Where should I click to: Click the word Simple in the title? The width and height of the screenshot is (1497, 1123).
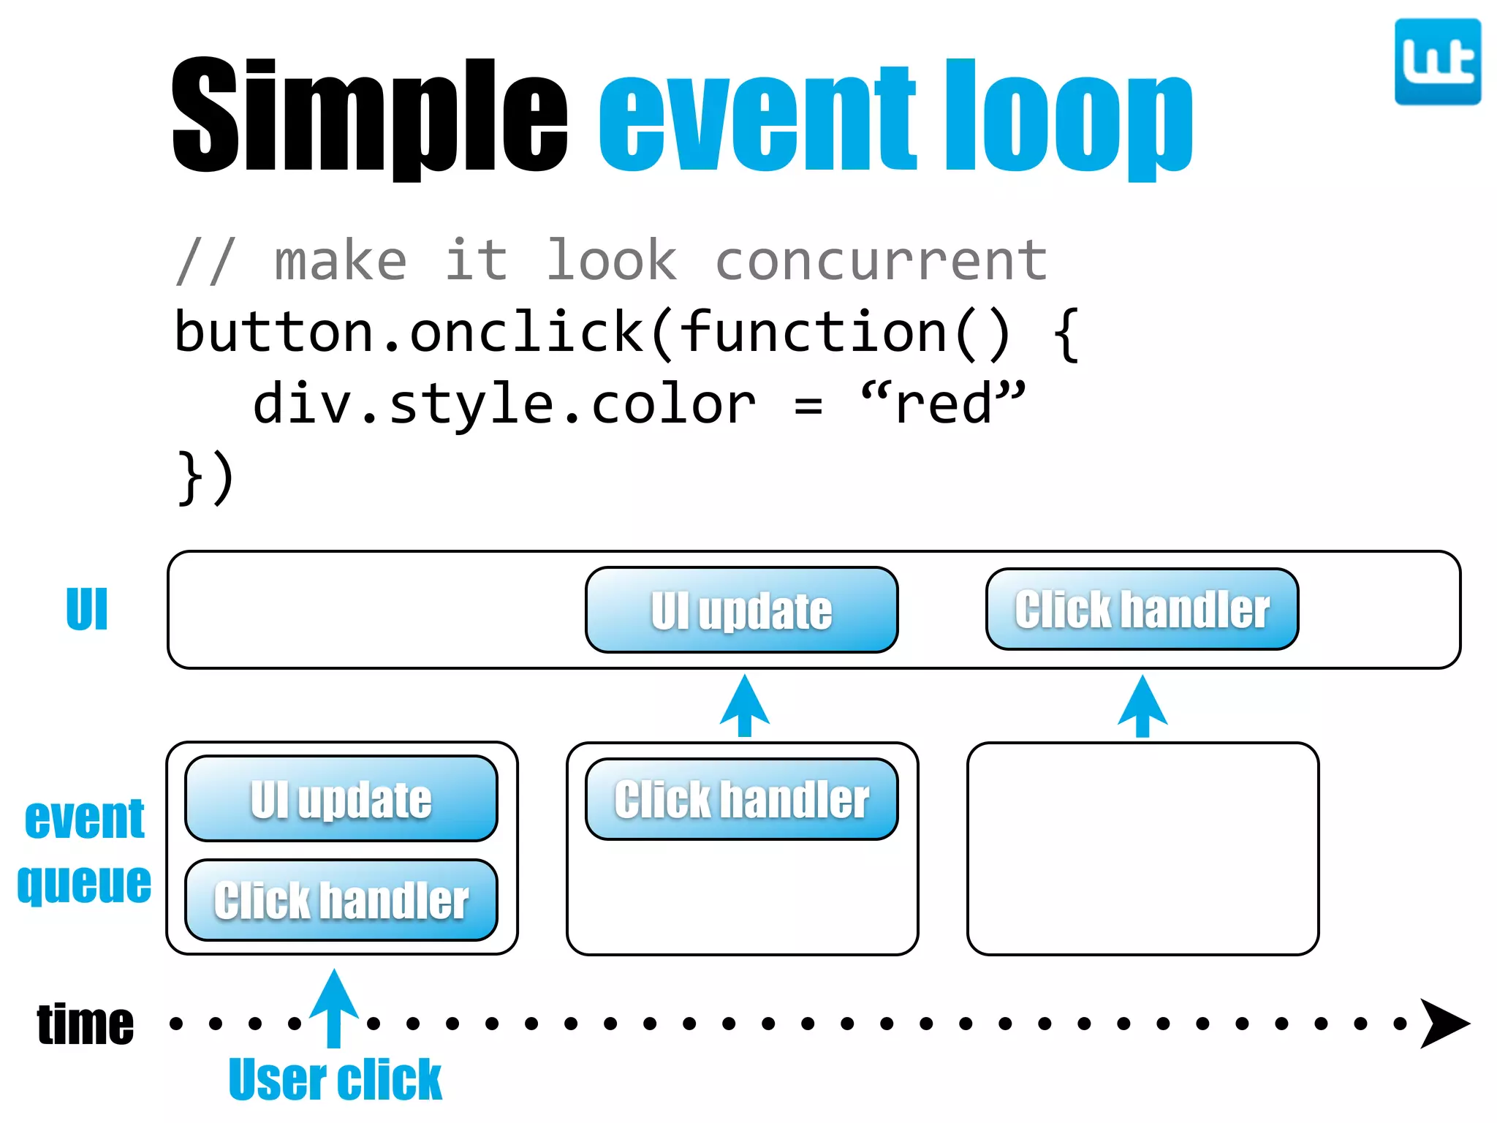[369, 117]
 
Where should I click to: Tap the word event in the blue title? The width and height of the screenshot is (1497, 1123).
[757, 117]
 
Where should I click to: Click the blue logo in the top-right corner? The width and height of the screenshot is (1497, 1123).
[1437, 62]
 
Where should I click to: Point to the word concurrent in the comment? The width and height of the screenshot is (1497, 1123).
[881, 261]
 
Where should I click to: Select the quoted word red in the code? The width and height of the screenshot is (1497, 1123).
[943, 404]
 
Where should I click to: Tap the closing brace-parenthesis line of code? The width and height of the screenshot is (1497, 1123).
[205, 477]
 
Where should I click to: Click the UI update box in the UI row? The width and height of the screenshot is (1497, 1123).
[741, 610]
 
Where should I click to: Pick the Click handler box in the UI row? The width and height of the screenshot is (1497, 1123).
[1142, 609]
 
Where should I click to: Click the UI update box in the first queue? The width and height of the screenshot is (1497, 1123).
[341, 798]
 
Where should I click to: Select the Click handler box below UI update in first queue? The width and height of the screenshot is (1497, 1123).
[341, 900]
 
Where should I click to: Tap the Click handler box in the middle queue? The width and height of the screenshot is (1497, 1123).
[741, 799]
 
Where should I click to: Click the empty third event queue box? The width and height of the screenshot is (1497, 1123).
[1142, 848]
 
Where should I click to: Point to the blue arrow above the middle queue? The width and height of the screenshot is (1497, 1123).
[744, 705]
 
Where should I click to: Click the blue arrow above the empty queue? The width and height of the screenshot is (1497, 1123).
[1142, 706]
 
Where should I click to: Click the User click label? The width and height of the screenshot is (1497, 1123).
[335, 1079]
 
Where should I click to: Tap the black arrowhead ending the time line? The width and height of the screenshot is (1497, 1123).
[1443, 1023]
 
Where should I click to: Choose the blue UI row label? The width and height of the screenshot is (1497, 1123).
[87, 609]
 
